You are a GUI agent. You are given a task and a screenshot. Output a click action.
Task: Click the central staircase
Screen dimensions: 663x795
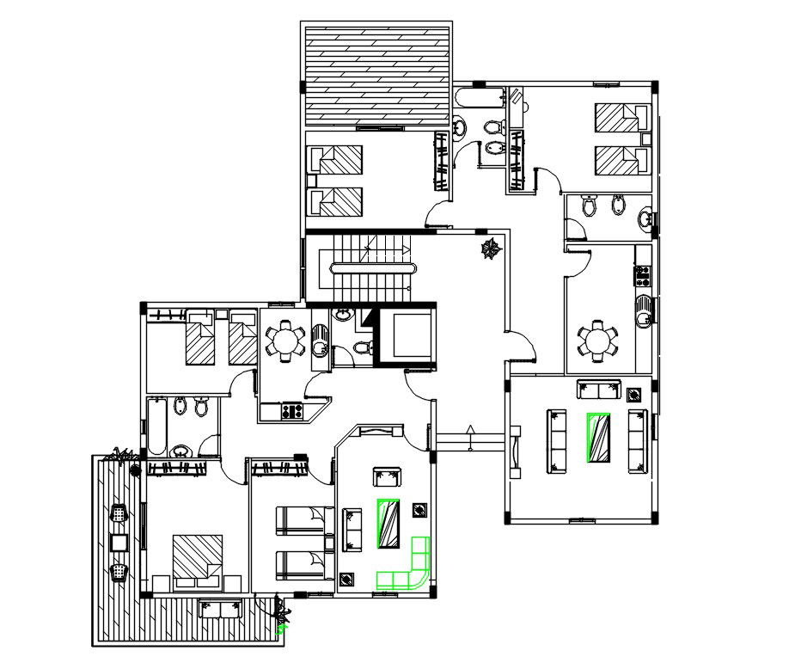coord(367,265)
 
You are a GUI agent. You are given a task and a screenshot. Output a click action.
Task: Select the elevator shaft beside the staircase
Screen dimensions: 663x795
coord(407,336)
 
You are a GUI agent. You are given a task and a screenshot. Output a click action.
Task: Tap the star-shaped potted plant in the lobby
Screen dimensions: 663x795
coord(492,249)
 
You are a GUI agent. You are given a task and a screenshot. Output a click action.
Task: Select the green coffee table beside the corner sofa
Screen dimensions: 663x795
coord(388,522)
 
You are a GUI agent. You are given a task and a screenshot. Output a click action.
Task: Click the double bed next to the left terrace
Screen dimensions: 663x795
coord(197,562)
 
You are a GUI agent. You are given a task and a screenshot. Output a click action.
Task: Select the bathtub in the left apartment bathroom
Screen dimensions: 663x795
coord(158,426)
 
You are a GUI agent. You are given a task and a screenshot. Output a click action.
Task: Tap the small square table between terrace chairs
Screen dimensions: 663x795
coord(119,542)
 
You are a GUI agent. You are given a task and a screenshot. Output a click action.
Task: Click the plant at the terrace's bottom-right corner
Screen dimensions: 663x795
coord(281,617)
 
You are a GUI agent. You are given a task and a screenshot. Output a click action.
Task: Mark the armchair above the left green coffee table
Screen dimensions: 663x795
coord(388,477)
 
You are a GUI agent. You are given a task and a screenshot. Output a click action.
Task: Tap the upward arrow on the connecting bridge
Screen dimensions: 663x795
coord(469,429)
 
